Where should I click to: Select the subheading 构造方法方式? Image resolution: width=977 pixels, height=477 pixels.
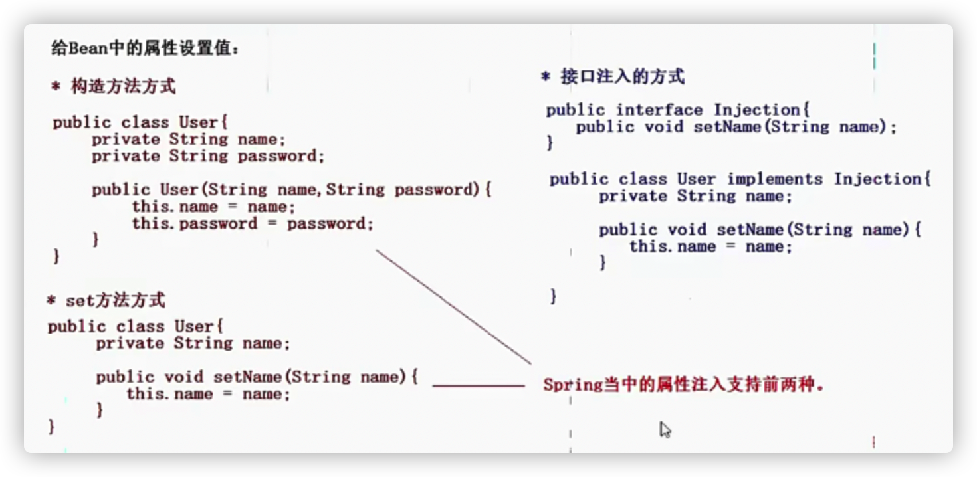pyautogui.click(x=123, y=86)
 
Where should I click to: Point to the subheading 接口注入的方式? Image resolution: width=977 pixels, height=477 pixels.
pyautogui.click(x=622, y=76)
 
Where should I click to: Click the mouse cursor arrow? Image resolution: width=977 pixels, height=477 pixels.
pyautogui.click(x=664, y=429)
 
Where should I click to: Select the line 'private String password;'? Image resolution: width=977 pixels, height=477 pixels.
pyautogui.click(x=208, y=156)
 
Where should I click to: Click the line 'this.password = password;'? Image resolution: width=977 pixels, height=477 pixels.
pyautogui.click(x=253, y=223)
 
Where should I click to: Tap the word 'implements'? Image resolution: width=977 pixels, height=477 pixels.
pyautogui.click(x=775, y=179)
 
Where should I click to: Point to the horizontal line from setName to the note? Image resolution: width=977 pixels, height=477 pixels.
pyautogui.click(x=479, y=385)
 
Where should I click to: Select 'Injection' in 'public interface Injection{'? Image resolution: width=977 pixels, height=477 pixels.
pyautogui.click(x=761, y=110)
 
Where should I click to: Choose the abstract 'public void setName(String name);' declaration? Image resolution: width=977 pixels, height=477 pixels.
pyautogui.click(x=736, y=127)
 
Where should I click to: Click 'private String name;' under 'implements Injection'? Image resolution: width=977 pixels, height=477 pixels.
pyautogui.click(x=695, y=196)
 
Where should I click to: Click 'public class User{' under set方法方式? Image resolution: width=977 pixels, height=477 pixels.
pyautogui.click(x=136, y=326)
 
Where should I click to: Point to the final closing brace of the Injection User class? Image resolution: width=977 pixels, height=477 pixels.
pyautogui.click(x=553, y=296)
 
